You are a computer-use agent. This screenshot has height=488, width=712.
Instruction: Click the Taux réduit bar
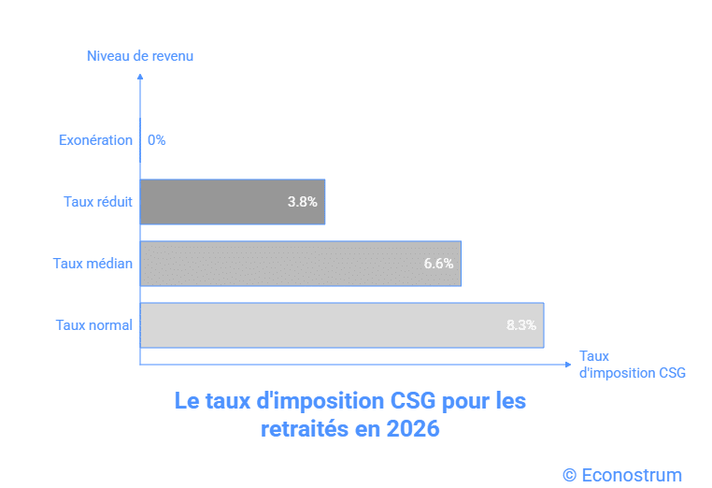(x=233, y=201)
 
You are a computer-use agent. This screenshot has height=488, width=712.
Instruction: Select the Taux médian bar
(x=300, y=264)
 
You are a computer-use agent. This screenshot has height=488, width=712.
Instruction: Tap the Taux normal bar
(x=342, y=325)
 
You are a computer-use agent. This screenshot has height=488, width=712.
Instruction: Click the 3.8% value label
(x=303, y=201)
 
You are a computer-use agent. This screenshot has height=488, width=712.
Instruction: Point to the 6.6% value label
(x=438, y=264)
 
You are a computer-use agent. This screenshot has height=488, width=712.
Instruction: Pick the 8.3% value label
(x=521, y=325)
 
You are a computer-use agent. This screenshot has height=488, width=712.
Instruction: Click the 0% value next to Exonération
(x=156, y=140)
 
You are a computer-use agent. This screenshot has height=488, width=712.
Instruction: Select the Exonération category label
(x=95, y=140)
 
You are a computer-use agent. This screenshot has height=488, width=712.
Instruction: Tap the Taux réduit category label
(x=98, y=201)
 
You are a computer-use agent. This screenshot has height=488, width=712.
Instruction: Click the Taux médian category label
(x=93, y=264)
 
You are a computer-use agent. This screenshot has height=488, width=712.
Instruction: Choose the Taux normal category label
(x=93, y=325)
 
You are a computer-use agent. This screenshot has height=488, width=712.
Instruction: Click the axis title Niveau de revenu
(x=140, y=56)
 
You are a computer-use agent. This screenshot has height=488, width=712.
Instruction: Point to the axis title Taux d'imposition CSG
(x=632, y=365)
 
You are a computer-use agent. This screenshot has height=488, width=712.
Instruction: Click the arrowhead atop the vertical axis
(x=140, y=75)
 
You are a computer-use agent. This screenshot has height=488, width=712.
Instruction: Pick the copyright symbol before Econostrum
(x=569, y=475)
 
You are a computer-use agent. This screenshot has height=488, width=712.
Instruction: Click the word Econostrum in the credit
(x=632, y=475)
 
